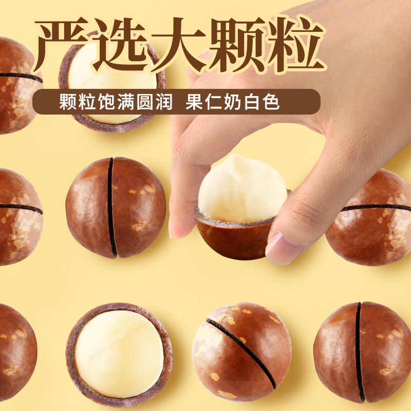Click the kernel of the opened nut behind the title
pos(110,82)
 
